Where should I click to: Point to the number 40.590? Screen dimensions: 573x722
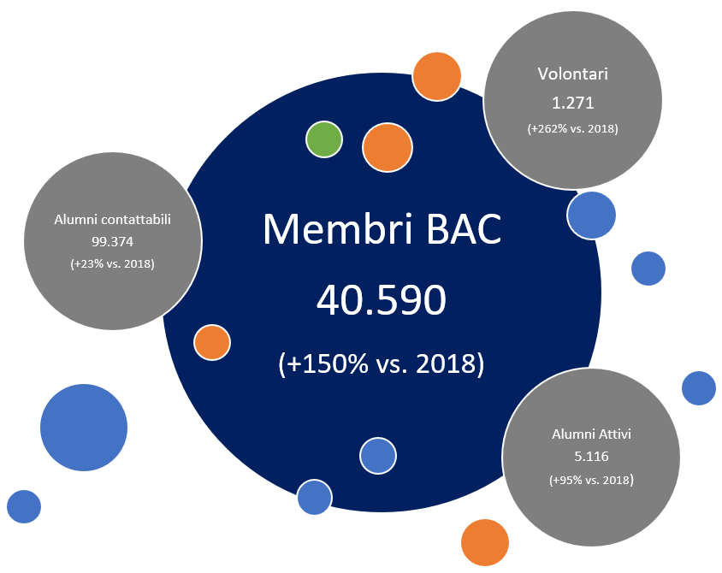click(x=382, y=301)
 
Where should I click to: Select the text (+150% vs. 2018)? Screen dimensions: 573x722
click(x=382, y=363)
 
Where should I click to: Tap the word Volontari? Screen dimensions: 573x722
click(x=572, y=74)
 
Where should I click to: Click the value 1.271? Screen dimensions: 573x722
click(x=572, y=103)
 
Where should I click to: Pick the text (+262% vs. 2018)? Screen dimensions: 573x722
click(x=572, y=129)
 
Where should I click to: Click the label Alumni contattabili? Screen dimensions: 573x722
click(x=113, y=219)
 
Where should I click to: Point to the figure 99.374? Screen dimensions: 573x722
click(x=112, y=242)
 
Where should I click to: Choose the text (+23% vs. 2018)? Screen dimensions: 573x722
click(x=112, y=264)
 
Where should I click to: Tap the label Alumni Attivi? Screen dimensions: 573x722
click(x=591, y=434)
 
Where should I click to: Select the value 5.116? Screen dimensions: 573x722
click(x=591, y=457)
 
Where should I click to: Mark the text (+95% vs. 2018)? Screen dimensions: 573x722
click(x=591, y=481)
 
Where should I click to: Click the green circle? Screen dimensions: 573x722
click(x=324, y=139)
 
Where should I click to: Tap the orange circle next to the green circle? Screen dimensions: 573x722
click(x=388, y=148)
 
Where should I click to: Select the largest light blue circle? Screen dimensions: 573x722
click(x=84, y=428)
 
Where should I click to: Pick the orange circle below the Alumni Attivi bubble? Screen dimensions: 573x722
click(x=485, y=542)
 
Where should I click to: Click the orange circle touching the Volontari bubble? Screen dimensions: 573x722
click(x=437, y=76)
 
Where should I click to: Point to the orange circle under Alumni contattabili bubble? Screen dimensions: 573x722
click(x=212, y=343)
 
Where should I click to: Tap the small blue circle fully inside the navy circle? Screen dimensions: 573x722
click(x=377, y=456)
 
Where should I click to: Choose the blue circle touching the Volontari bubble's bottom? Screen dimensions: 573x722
click(x=591, y=215)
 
